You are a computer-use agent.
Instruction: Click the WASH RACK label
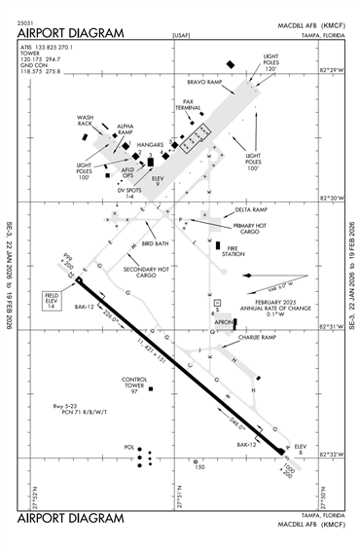point(85,121)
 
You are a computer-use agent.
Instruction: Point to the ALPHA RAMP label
point(126,129)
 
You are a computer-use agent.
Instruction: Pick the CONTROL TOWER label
point(133,385)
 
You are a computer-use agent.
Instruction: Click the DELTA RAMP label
point(250,209)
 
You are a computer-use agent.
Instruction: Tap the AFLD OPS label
point(127,172)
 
